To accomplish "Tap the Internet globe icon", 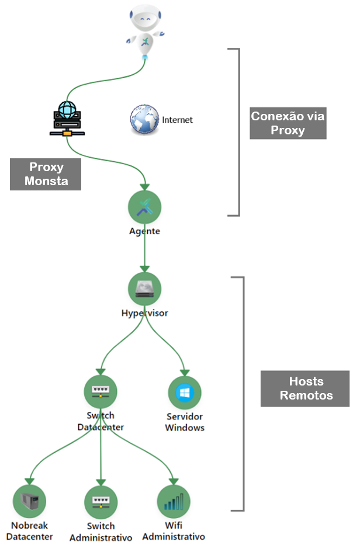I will coord(144,120).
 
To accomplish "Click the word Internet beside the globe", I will coord(177,120).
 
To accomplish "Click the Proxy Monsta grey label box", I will coord(46,174).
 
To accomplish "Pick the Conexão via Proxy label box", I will coord(288,123).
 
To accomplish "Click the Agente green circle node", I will coord(144,207).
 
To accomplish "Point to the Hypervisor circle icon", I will coord(144,289).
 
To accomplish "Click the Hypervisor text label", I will coord(144,313).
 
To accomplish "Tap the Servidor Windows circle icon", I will coord(185,393).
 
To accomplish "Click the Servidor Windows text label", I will coord(185,422).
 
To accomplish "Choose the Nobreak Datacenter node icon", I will coord(29,501).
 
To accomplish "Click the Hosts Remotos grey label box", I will coord(306,388).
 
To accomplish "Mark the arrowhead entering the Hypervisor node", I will coord(144,269).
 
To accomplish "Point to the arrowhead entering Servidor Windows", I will coord(185,372).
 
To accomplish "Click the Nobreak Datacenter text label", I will coord(32,531).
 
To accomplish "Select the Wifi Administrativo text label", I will coord(174,531).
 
